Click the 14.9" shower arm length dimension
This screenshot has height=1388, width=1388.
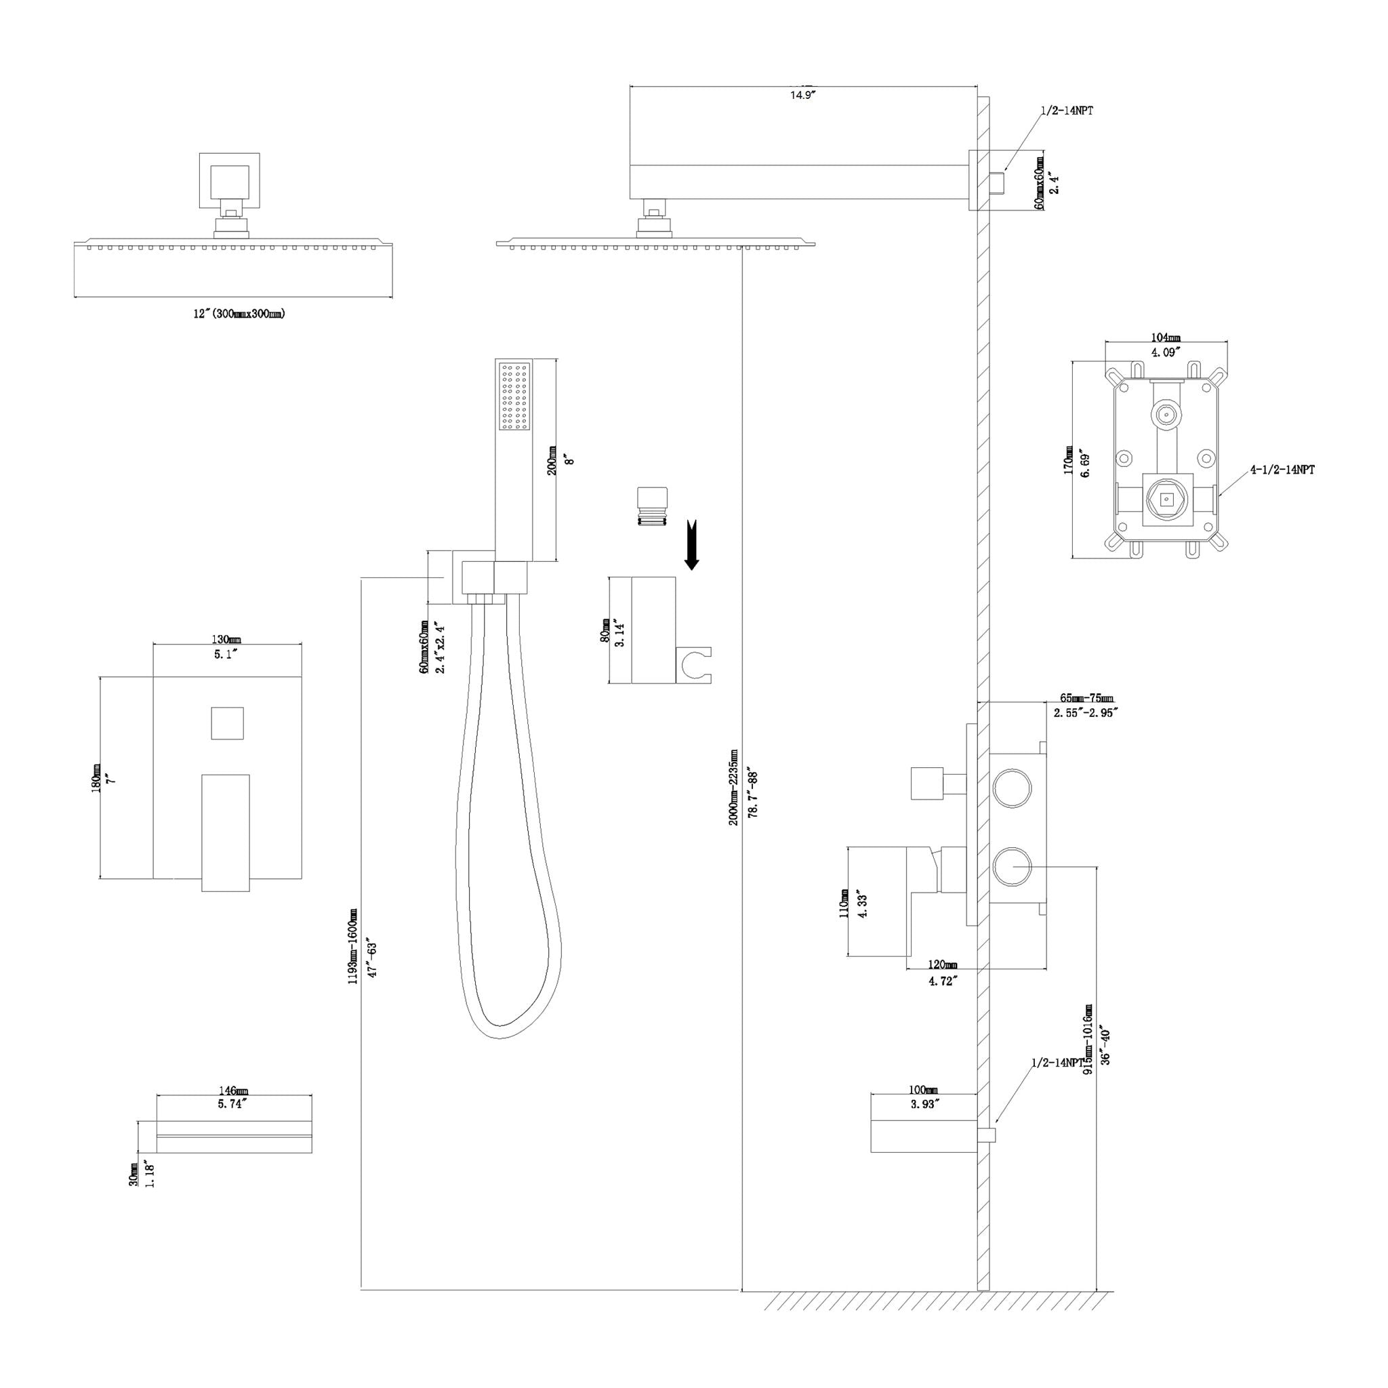(x=803, y=95)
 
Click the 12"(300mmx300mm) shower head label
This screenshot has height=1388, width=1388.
(x=239, y=314)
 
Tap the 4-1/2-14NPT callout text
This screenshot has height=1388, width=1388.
(x=1282, y=470)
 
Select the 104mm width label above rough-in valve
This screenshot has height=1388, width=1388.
(x=1165, y=338)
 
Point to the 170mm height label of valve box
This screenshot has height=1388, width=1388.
(x=1068, y=460)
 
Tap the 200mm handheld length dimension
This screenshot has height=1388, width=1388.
(x=552, y=460)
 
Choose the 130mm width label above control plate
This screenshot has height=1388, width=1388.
(x=226, y=639)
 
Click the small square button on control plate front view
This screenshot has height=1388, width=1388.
(x=227, y=722)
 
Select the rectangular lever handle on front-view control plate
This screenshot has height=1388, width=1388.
(x=226, y=833)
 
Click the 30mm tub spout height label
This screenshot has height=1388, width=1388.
(x=134, y=1175)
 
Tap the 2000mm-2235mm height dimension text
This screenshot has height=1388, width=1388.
(x=733, y=787)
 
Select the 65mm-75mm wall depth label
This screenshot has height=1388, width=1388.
(x=1086, y=698)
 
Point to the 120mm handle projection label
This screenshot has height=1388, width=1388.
(x=942, y=964)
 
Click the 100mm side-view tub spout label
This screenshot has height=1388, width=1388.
(x=923, y=1090)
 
